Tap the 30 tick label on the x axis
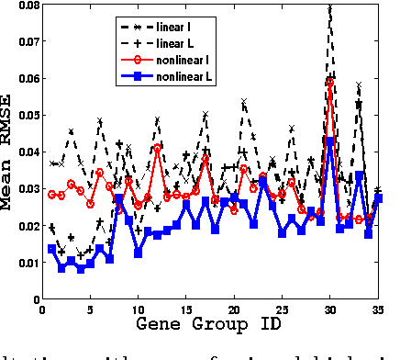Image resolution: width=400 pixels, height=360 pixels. click(x=330, y=309)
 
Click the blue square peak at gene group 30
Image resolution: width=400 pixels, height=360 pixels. click(x=330, y=141)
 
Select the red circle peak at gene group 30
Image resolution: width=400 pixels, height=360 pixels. click(x=330, y=82)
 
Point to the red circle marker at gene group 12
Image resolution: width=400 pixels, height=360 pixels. click(x=158, y=148)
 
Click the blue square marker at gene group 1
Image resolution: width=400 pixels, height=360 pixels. click(x=52, y=249)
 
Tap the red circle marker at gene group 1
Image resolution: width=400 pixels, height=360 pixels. click(x=52, y=194)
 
